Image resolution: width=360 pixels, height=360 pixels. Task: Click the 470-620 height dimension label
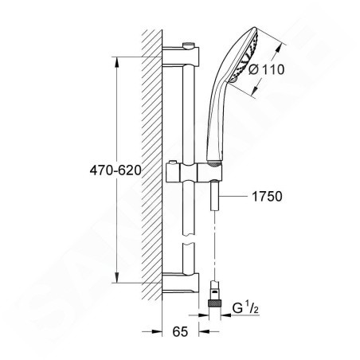click(115, 170)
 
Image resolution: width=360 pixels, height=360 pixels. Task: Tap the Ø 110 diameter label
click(266, 69)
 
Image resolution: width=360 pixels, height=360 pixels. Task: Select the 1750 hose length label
click(267, 197)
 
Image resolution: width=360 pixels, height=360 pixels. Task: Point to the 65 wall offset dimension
click(180, 331)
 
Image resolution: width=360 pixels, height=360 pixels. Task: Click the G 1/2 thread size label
click(245, 308)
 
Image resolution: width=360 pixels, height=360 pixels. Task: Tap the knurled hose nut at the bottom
click(214, 303)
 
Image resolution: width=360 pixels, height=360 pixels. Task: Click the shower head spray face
click(245, 56)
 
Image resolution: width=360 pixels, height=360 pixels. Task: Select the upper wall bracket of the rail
click(181, 56)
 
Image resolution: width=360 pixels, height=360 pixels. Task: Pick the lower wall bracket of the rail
click(181, 283)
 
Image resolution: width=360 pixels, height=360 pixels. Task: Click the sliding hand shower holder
click(194, 172)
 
